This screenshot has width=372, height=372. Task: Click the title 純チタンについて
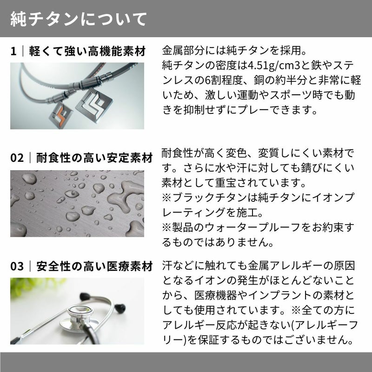(79, 19)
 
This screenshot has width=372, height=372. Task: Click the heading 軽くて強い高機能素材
(87, 51)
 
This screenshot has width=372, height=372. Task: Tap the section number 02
(17, 158)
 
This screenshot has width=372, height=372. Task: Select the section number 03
(17, 266)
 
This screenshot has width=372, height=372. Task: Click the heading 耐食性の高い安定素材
(94, 158)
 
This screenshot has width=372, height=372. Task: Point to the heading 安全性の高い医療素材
(94, 266)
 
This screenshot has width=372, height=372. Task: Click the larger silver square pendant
(94, 105)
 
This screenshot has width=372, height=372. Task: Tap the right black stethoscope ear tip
(120, 308)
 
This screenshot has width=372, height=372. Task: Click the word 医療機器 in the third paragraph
(215, 295)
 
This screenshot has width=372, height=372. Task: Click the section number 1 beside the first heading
(13, 51)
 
